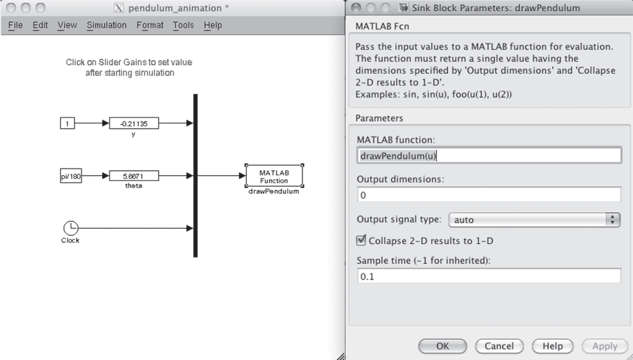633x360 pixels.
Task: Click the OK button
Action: (x=443, y=346)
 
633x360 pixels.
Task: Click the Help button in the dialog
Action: (x=552, y=346)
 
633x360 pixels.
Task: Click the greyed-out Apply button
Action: (x=604, y=346)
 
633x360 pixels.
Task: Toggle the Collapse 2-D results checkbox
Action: (x=362, y=241)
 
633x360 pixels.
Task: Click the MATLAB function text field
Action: (x=489, y=156)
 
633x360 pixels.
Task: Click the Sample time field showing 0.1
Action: (x=489, y=276)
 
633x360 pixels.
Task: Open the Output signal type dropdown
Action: (x=534, y=219)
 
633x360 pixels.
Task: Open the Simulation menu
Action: (x=106, y=25)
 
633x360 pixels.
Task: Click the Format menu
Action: (x=150, y=25)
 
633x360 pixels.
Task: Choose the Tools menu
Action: (x=183, y=25)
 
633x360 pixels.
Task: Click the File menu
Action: (x=16, y=25)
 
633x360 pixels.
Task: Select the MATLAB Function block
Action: (x=273, y=176)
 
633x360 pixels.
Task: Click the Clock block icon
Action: (x=71, y=228)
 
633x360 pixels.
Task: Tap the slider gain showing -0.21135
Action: (x=134, y=123)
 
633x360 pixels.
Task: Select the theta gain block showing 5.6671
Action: (x=134, y=176)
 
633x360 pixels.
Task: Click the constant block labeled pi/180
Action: (x=71, y=176)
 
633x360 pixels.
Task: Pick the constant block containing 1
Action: (x=67, y=123)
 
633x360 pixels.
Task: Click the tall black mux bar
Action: (x=196, y=175)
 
